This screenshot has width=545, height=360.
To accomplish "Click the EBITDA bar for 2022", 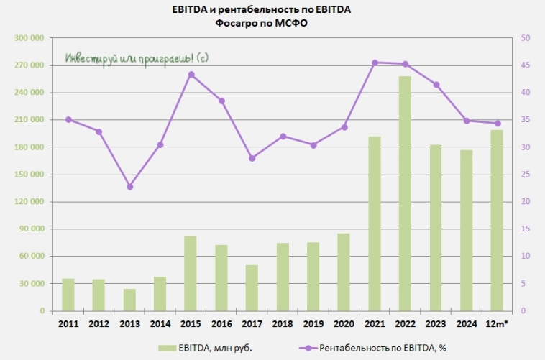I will pyautogui.click(x=406, y=194).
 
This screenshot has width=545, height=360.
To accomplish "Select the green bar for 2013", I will pyautogui.click(x=129, y=300).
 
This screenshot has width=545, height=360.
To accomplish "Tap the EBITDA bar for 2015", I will pyautogui.click(x=191, y=273).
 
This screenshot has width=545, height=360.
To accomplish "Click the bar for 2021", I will pyautogui.click(x=375, y=223).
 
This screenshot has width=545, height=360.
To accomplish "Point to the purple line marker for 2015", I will pyautogui.click(x=191, y=74).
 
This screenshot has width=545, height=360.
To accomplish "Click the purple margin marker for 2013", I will pyautogui.click(x=129, y=187).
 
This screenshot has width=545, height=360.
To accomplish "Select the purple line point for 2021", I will pyautogui.click(x=375, y=63).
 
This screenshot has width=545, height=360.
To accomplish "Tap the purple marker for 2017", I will pyautogui.click(x=252, y=158).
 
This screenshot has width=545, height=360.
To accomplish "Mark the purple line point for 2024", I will pyautogui.click(x=467, y=121).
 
